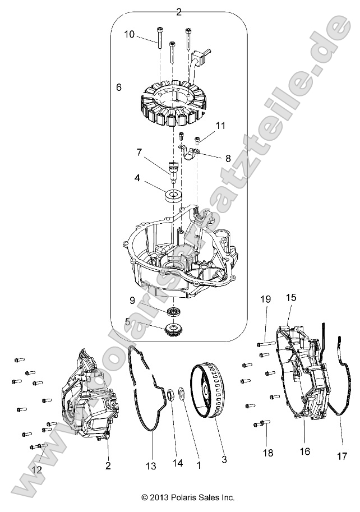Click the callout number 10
coord(130,34)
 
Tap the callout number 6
coord(118,87)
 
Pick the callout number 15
coord(291,297)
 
